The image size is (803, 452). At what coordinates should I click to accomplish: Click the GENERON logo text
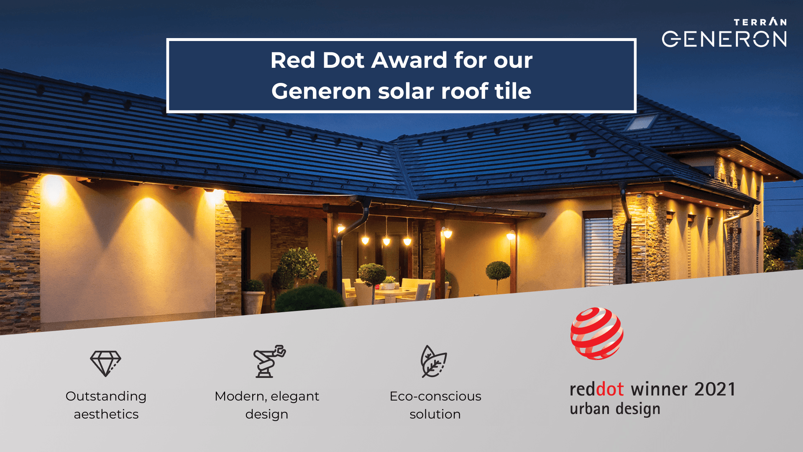pos(724,39)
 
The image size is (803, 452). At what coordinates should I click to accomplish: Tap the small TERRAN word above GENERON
pos(760,22)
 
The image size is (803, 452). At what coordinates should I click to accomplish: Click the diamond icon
pos(105,363)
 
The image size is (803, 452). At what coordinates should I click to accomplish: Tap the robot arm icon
pos(269,362)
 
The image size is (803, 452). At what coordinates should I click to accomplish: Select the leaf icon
pos(433,362)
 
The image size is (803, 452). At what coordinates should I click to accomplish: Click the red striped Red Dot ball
pos(597,334)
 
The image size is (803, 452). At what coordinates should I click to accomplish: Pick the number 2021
pos(714,390)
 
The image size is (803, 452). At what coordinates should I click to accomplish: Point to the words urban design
pos(615,409)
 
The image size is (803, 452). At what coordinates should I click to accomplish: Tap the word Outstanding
pos(106,396)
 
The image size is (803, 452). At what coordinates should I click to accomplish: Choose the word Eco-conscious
pos(435,396)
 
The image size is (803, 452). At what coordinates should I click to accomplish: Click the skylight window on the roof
pos(640,122)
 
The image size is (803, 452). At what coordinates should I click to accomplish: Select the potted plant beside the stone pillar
pos(253,297)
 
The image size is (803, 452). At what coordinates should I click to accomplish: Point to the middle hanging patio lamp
pos(386,241)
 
